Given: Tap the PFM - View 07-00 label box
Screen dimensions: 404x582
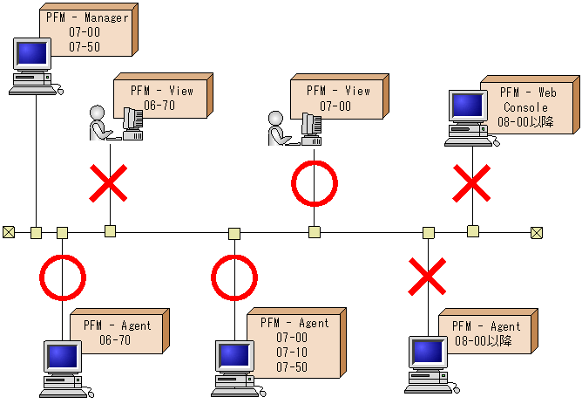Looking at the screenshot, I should pos(338,98).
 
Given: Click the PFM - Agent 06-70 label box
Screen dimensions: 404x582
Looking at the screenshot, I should pos(117,332).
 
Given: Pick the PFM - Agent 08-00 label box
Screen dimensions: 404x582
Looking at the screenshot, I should pos(486,332).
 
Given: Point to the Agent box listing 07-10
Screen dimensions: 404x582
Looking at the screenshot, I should pos(292,342).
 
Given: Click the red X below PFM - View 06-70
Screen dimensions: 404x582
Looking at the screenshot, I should pos(109,185).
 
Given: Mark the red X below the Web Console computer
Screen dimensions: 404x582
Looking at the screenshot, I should pos(472,185).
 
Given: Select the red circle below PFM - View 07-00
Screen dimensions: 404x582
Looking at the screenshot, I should pos(314,184).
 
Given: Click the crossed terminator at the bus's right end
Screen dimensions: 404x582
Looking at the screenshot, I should pos(537,232).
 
